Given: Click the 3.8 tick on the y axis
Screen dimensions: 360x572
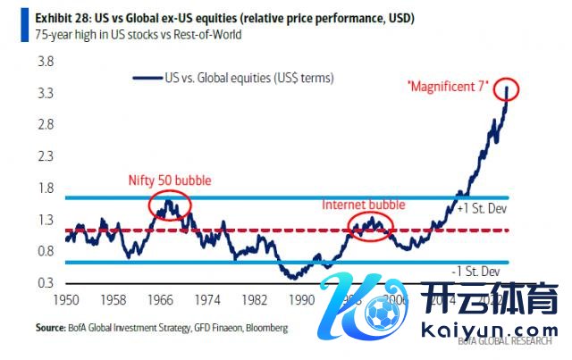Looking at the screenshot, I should click(44, 62).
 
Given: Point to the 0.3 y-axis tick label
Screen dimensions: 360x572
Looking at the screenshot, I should click(44, 283).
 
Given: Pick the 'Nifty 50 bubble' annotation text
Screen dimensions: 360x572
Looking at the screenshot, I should click(169, 180).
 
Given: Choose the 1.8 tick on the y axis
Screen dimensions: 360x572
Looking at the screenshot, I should click(44, 188).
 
